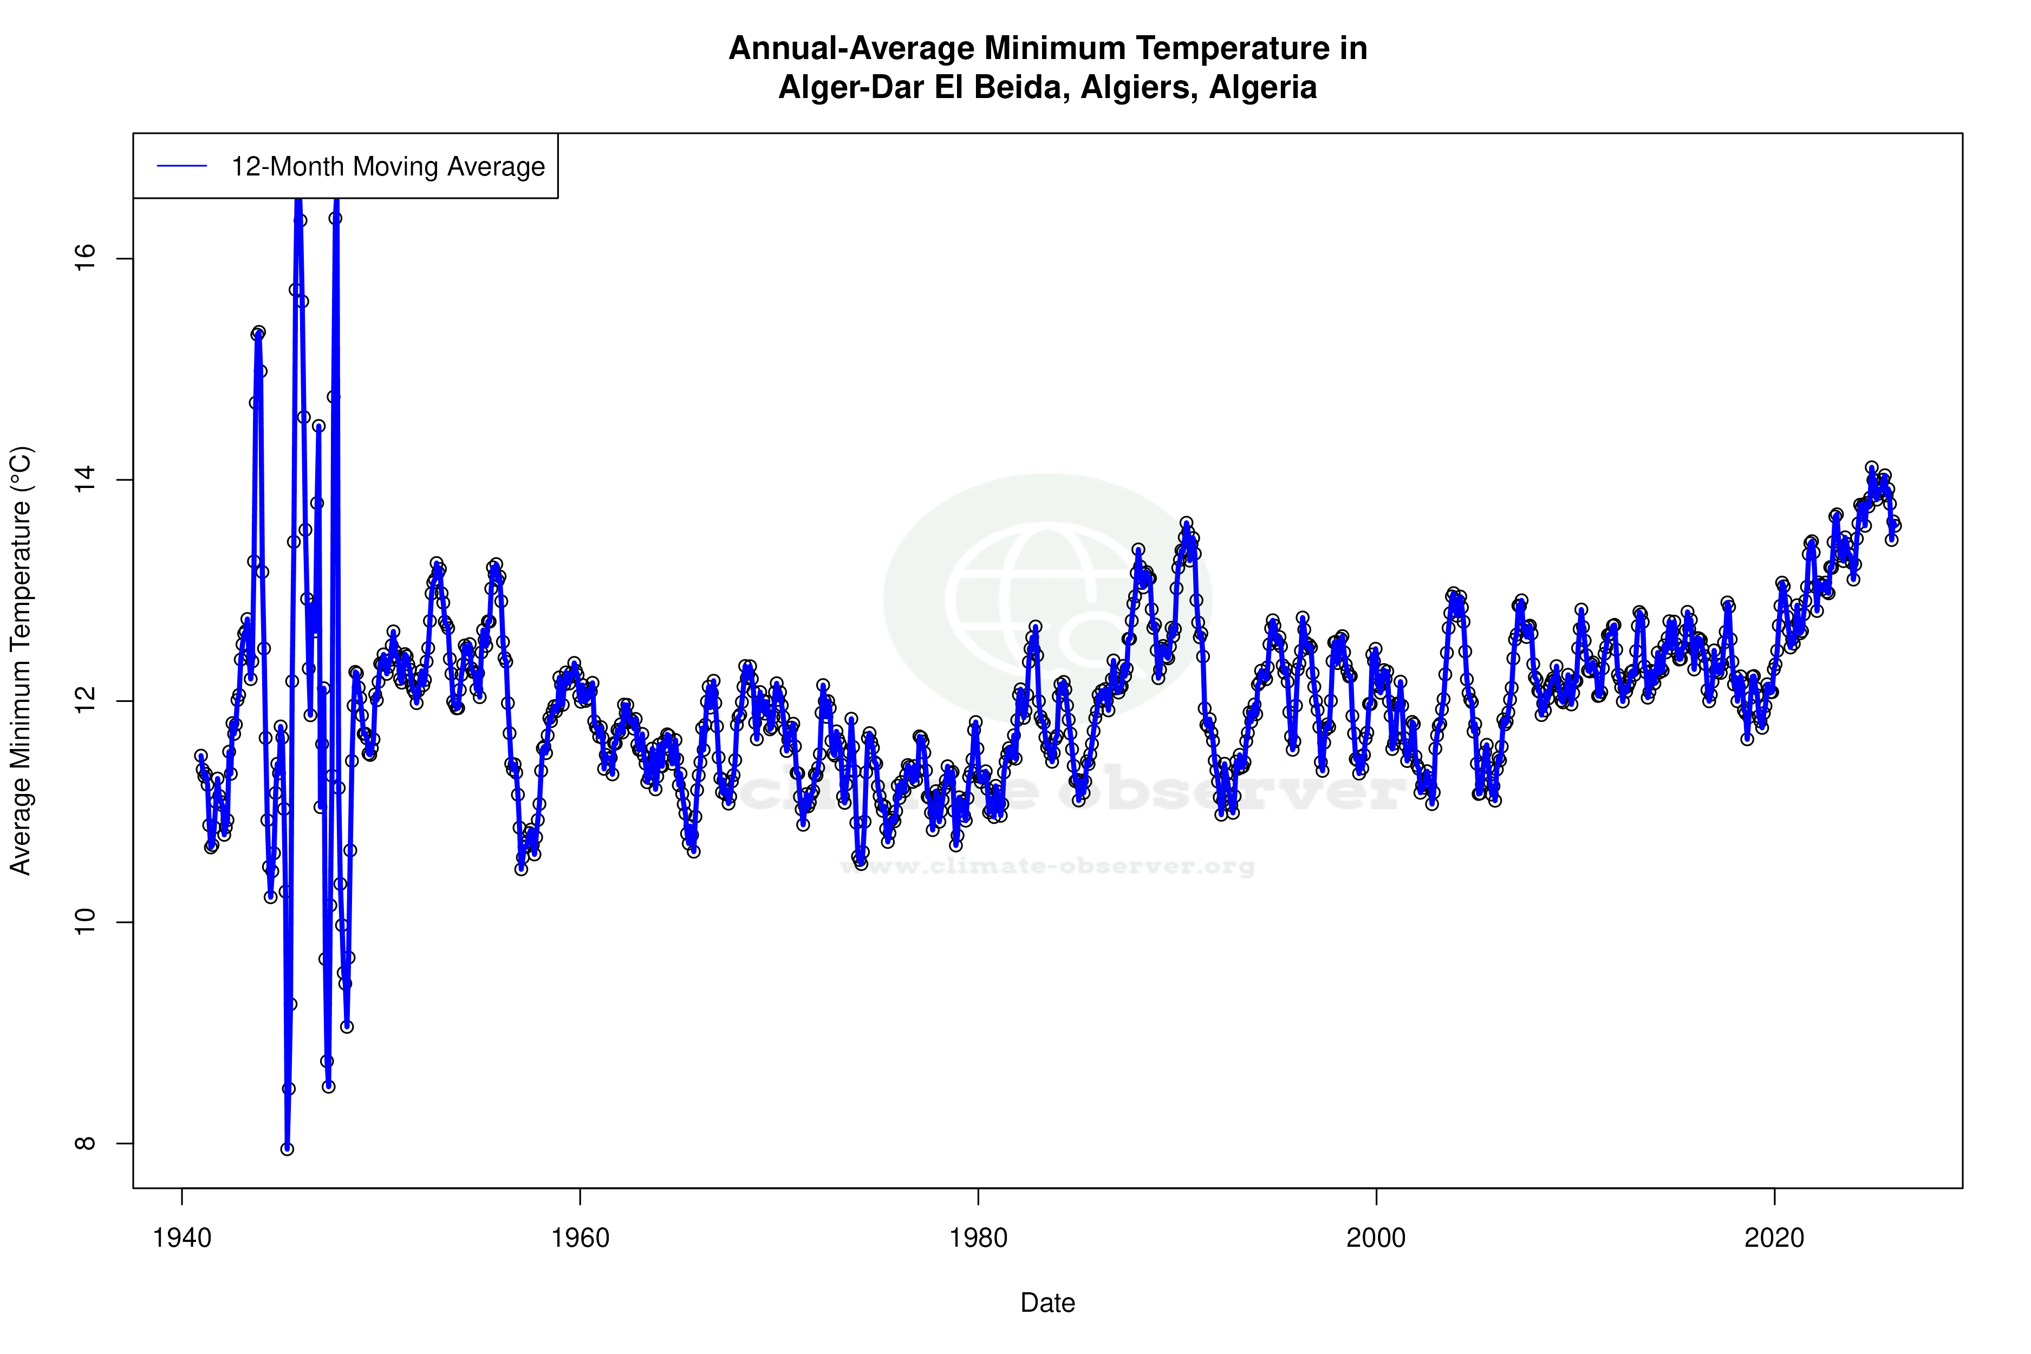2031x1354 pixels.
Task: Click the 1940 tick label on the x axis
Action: tap(181, 1238)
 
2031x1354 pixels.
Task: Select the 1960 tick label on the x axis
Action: tap(580, 1238)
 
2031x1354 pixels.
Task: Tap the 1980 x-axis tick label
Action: tap(978, 1238)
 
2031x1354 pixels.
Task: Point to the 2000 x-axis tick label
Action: tap(1376, 1238)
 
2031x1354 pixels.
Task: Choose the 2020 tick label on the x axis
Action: tap(1774, 1238)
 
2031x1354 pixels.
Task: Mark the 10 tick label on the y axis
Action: tap(84, 922)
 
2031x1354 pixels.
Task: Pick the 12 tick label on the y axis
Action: tap(84, 701)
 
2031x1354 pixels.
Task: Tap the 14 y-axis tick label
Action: tap(84, 480)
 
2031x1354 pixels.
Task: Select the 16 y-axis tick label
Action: tap(84, 258)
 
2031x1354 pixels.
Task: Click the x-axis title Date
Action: tap(1047, 1303)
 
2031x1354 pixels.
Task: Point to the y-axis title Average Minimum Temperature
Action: tap(21, 661)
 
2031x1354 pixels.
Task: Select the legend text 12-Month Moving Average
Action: tap(388, 167)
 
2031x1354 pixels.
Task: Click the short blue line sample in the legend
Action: tap(182, 167)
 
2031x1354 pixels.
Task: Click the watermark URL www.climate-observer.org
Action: tap(1047, 866)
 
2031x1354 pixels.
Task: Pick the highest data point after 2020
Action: tap(1871, 467)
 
